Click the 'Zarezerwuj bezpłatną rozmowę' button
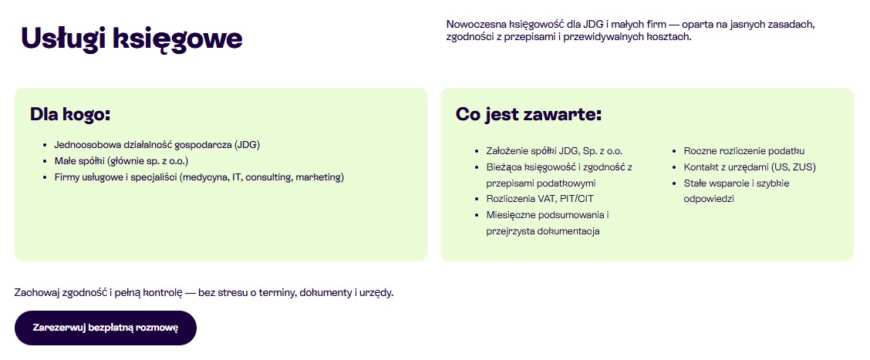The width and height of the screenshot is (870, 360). [x=106, y=328]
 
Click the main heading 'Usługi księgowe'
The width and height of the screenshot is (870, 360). [x=132, y=39]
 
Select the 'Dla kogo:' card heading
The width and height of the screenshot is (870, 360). [x=70, y=114]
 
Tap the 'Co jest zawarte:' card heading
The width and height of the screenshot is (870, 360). [x=528, y=114]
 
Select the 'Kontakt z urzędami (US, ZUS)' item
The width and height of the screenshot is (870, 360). [x=749, y=167]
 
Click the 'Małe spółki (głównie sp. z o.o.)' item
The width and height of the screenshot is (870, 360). [x=121, y=160]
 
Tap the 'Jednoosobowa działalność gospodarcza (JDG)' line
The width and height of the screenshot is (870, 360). [x=163, y=144]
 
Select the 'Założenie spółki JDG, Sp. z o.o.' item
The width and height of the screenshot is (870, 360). [x=554, y=150]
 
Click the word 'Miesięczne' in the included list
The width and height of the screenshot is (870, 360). [x=511, y=214]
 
